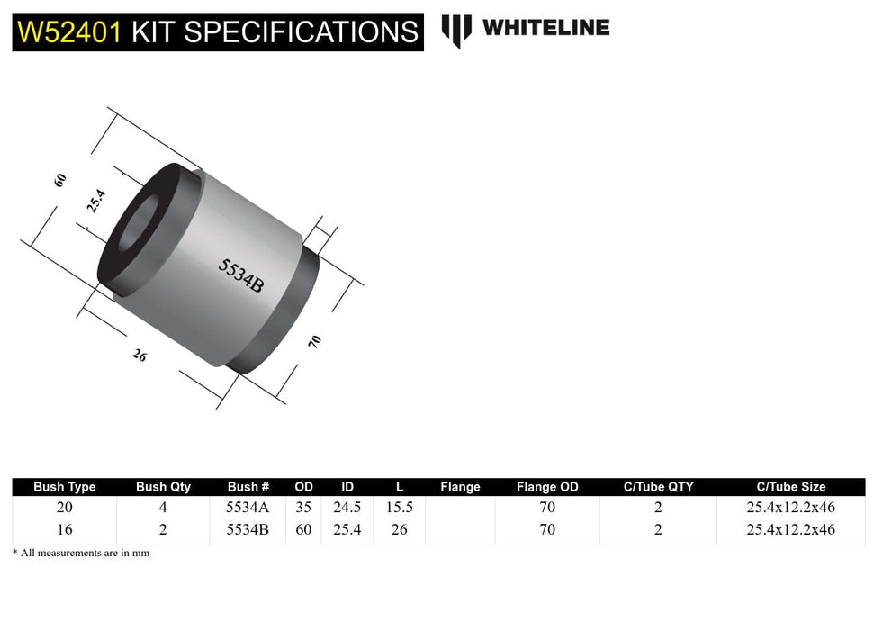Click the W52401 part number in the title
pos(68,32)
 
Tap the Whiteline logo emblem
pos(456,30)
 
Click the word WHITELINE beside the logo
pos(545,28)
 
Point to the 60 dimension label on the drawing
pos(60,179)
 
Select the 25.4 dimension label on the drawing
pos(95,200)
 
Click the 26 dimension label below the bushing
pos(140,355)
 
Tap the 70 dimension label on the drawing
pos(314,341)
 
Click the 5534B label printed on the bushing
pos(241,275)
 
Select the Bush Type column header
pos(65,487)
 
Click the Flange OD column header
pos(547,487)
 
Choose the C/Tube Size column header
pos(791,487)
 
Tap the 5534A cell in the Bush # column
pos(248,508)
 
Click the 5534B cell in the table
pos(248,529)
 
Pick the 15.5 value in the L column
pos(399,508)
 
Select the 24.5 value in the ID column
pos(347,508)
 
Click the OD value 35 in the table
pos(303,508)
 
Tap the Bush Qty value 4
pos(163,508)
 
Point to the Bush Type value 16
pos(65,529)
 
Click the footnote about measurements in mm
pos(81,553)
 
